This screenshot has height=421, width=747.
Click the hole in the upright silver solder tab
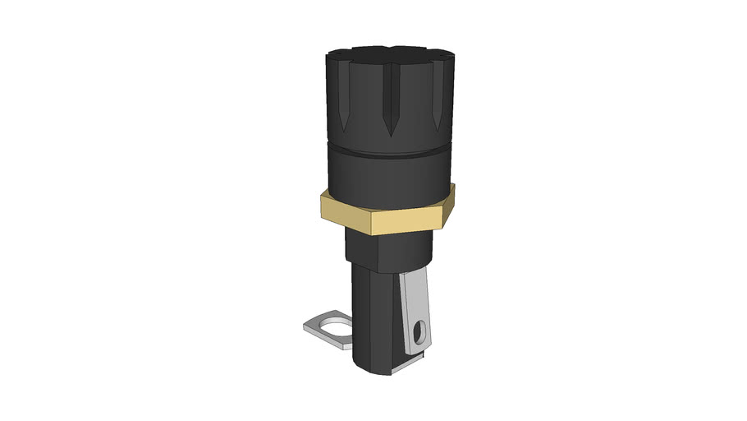tap(421, 332)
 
